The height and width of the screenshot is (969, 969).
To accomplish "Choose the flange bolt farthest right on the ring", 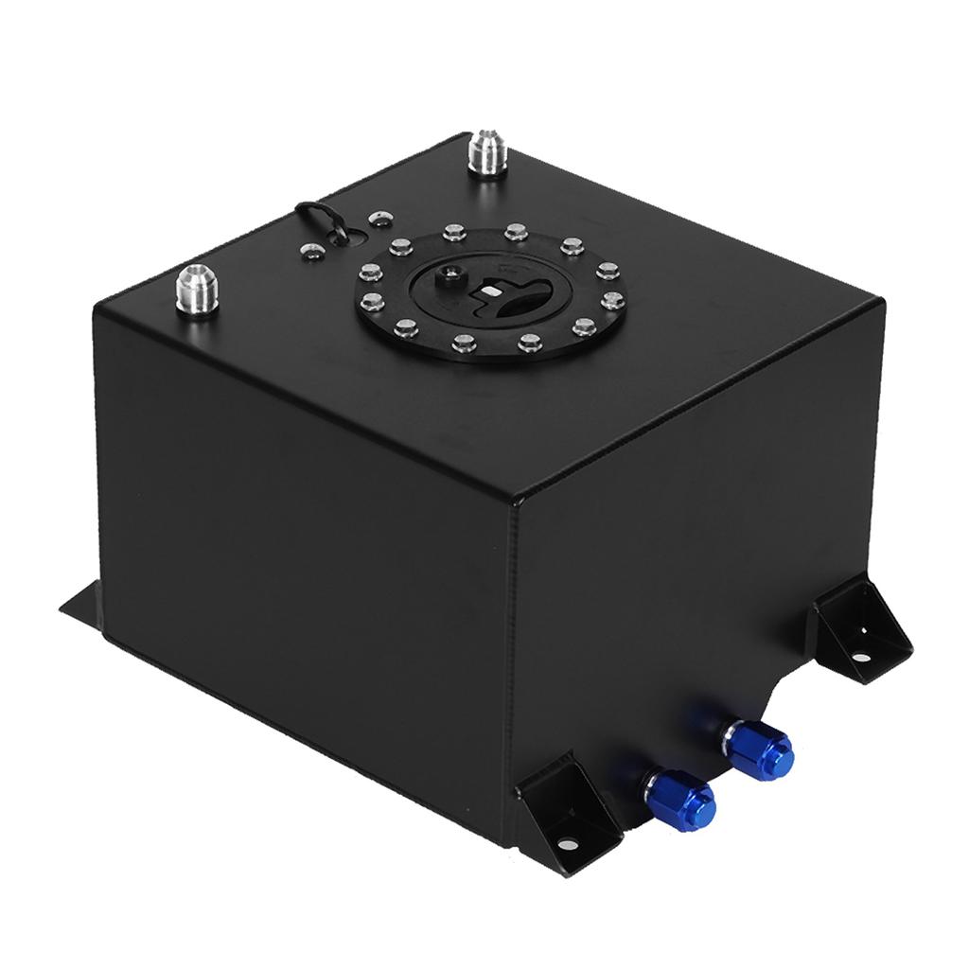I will coord(614,302).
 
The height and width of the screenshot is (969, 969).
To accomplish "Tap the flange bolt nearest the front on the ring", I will coord(464,344).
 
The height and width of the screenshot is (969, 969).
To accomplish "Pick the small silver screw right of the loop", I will coord(379,220).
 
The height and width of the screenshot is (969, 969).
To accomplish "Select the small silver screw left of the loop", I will coord(308,252).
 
